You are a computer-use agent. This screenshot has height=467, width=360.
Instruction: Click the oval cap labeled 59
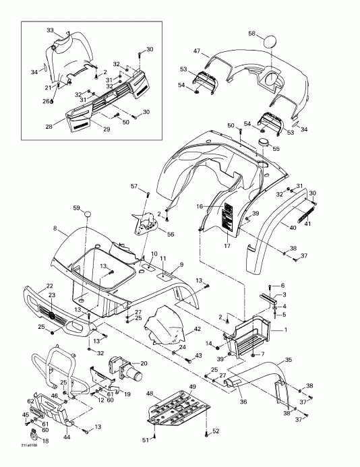click(x=86, y=215)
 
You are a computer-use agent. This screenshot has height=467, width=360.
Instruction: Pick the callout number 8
click(x=55, y=229)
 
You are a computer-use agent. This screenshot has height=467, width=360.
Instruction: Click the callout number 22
click(x=50, y=286)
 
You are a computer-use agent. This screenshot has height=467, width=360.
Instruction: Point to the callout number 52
click(x=216, y=431)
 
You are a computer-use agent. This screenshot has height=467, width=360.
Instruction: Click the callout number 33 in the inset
click(x=50, y=30)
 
